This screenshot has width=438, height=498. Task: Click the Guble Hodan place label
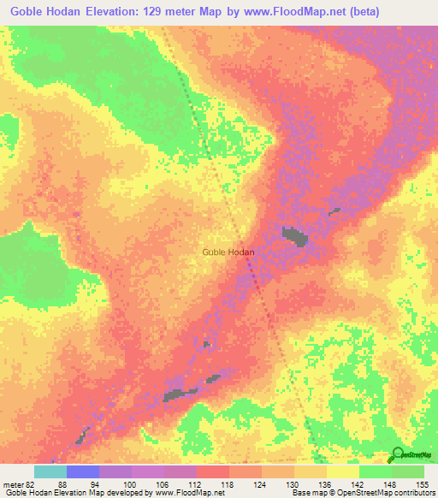click(228, 252)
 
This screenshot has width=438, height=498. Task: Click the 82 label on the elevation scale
click(30, 483)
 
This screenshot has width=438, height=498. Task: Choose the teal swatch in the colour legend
click(50, 471)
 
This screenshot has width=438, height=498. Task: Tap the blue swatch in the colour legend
click(83, 471)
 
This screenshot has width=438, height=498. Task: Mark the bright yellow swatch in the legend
click(343, 471)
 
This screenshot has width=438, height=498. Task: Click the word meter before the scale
click(12, 483)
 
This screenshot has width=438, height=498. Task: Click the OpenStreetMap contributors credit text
click(383, 493)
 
